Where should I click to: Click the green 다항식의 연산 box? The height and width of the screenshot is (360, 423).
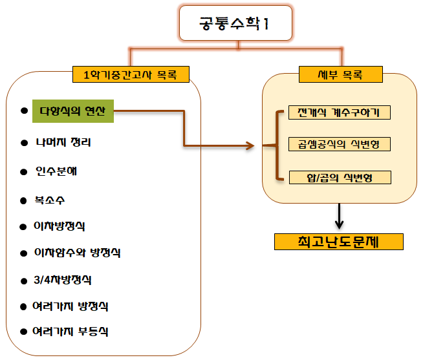coord(73,112)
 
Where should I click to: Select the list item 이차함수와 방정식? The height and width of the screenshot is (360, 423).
coord(78,253)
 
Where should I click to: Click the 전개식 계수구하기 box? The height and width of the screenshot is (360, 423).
coord(340,112)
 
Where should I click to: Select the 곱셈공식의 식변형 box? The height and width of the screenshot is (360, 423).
coord(340,143)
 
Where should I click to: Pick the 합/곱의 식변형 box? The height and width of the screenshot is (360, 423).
coord(340,176)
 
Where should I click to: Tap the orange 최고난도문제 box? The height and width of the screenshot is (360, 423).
coord(339,241)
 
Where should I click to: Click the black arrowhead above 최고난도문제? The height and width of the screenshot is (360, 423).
coord(339,224)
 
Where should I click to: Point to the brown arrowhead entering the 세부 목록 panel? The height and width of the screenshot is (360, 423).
coord(252,147)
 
